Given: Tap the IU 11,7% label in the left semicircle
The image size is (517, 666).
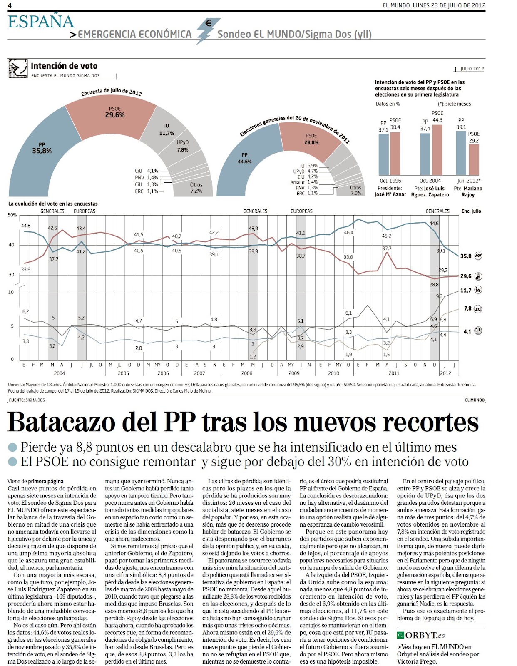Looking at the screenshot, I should coord(167,129).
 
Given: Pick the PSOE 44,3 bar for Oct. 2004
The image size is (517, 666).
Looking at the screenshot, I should coord(437,150).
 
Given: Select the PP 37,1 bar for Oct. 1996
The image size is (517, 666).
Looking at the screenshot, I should coord(383,154).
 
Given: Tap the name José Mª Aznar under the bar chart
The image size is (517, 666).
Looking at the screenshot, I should coord(390,194).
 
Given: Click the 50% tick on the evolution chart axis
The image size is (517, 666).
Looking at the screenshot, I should coord(12,215).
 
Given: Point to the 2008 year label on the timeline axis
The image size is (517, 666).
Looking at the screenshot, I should coord(247,373).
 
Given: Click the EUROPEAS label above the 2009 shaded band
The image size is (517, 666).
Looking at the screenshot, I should coord(301,211).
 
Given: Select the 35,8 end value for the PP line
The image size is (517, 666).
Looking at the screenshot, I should coord(466,256).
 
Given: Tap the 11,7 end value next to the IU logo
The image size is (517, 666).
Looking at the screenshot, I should coord(466,291).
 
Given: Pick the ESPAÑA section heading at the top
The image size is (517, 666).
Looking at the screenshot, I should coord(41,22).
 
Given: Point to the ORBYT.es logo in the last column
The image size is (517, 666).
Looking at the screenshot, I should coord(421,635).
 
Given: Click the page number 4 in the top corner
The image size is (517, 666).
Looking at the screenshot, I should coord(10,5).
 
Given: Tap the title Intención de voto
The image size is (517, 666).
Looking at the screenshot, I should coord(64,66).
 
